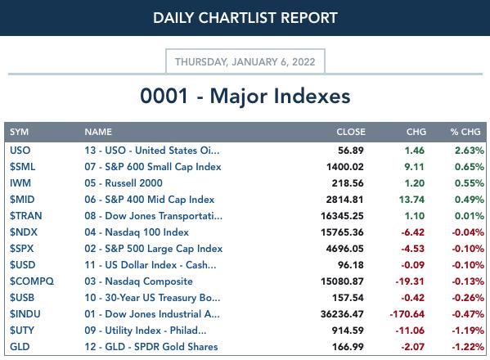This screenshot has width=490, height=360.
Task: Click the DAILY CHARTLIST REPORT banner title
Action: point(245,18)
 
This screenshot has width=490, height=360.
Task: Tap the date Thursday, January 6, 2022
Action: point(245,62)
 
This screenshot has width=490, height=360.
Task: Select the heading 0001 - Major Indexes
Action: point(245,96)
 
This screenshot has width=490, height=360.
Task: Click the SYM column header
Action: point(19,132)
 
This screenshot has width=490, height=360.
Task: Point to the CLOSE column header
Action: point(351,132)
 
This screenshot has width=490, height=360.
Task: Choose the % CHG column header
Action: point(465,132)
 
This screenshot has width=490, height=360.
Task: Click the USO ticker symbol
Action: point(20,151)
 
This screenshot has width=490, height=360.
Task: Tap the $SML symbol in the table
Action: point(22,167)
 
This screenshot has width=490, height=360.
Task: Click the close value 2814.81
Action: point(344,200)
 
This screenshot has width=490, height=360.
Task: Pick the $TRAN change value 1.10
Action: point(415,216)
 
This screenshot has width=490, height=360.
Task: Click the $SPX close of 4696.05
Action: point(344,249)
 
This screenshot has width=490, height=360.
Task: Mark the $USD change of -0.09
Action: point(413,265)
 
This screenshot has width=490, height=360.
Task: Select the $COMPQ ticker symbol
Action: point(32,281)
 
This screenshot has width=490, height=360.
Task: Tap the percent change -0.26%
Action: point(468,298)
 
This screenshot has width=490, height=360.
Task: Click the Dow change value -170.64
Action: point(407,314)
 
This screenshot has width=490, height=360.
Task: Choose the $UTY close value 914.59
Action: point(348,331)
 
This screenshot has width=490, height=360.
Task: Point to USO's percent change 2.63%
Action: point(470,151)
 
